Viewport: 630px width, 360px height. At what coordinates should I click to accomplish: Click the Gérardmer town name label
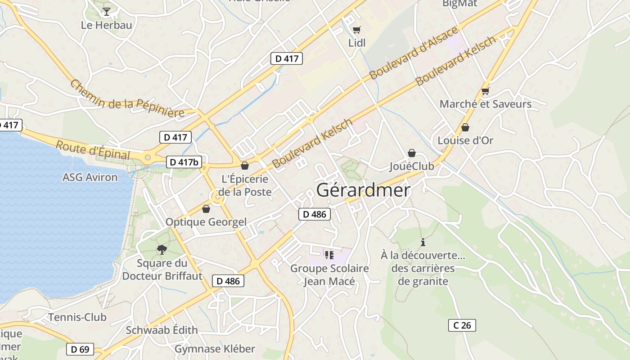point(363,190)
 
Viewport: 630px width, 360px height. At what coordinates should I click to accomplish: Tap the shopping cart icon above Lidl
point(357,30)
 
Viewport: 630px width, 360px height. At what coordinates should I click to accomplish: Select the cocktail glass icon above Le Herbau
point(106,11)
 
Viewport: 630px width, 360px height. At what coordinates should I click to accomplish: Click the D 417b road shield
point(184,162)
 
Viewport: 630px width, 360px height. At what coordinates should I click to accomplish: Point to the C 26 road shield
point(462,325)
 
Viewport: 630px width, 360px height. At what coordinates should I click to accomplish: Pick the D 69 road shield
point(80,349)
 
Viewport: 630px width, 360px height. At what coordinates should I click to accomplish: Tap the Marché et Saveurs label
point(486,104)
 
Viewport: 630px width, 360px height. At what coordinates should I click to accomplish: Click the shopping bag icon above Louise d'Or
point(465,127)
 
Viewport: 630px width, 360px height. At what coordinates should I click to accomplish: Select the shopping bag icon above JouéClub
point(411,153)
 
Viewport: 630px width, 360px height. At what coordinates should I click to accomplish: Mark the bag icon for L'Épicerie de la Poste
point(245,166)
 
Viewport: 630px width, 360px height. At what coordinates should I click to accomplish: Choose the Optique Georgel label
point(206,222)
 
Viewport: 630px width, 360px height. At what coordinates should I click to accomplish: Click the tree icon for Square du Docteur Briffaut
point(162,249)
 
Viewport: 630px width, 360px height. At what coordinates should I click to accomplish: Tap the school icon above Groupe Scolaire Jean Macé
point(329,255)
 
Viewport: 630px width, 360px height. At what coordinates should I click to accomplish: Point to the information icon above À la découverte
point(423,242)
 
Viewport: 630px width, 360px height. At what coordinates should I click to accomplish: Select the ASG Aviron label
point(90,177)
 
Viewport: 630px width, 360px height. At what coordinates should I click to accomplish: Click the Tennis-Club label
point(77,317)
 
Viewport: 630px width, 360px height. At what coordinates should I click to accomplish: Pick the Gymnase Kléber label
point(215,349)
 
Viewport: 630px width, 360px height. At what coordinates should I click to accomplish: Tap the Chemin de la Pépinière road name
point(127,99)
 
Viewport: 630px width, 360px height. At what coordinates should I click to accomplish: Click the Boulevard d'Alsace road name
point(414,53)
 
